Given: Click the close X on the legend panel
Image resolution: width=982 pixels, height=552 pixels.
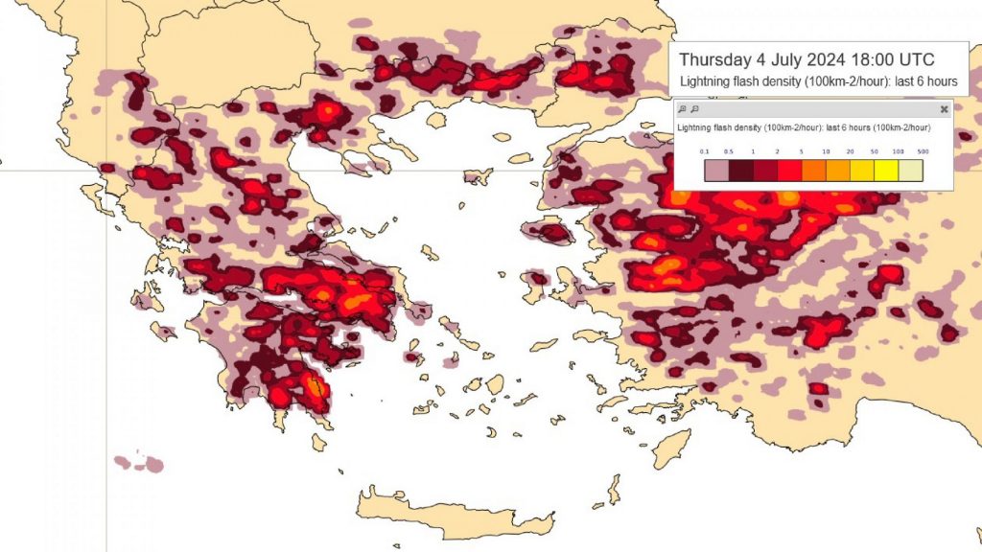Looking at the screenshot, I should (x=944, y=109).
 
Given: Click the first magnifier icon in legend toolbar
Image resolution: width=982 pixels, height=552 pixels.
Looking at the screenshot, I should (x=682, y=109).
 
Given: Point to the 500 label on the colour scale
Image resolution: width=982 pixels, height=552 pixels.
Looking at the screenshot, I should (x=923, y=151).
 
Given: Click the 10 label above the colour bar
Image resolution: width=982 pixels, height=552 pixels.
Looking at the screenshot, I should (x=826, y=151).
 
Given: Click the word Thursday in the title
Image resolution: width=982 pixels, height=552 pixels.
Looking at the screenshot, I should (x=719, y=59).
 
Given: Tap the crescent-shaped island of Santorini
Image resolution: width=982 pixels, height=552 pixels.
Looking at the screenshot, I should (x=493, y=434).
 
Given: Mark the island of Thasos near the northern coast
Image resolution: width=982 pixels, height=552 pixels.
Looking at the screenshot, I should (x=436, y=121).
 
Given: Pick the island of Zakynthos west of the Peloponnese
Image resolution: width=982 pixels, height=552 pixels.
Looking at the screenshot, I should (x=163, y=332).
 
